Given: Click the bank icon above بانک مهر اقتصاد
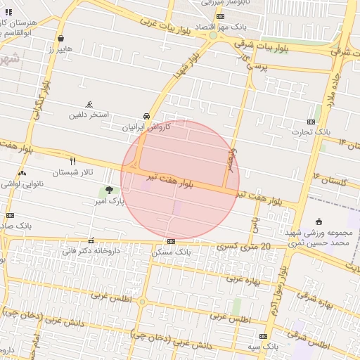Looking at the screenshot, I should (221, 16).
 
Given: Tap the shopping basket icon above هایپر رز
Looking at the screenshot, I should (62, 39).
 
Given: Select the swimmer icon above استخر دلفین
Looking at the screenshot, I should (89, 103).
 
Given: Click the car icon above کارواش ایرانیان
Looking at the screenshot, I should (146, 116).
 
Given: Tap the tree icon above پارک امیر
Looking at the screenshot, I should (109, 189).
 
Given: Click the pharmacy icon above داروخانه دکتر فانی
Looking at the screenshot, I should (91, 240).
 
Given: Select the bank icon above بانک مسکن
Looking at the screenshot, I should (171, 240).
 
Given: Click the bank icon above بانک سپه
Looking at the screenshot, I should (263, 336).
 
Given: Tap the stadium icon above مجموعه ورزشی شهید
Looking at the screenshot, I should (319, 221).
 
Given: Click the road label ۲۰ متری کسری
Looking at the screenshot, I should (244, 247).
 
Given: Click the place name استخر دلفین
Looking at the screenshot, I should (89, 115).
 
